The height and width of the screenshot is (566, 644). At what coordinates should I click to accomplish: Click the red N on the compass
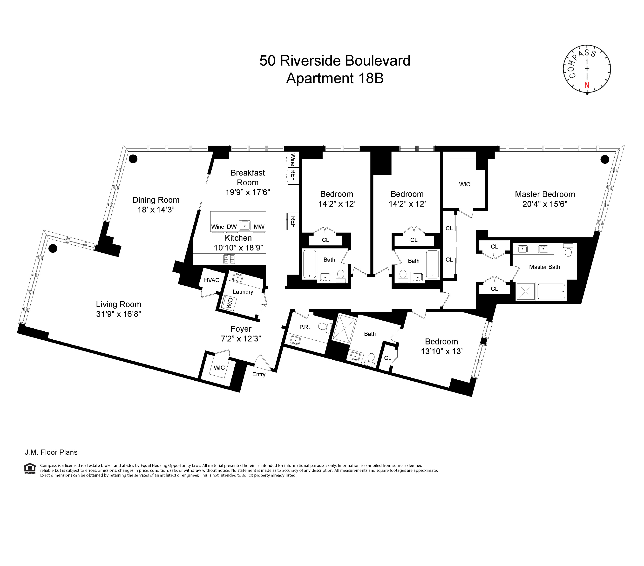[587, 85]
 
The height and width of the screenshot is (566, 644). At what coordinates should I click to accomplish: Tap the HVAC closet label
[211, 280]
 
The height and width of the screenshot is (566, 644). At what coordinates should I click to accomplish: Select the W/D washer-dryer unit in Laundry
[229, 303]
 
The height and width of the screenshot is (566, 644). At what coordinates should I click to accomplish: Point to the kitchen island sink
[244, 226]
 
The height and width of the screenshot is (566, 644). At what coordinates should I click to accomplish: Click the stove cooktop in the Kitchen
[229, 259]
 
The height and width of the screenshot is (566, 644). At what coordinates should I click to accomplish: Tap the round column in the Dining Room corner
[133, 159]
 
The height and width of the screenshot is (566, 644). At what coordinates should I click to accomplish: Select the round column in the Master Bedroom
[605, 159]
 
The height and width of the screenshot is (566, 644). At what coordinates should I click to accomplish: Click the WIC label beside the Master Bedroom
[464, 184]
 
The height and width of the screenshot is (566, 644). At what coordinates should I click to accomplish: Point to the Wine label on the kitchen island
[217, 227]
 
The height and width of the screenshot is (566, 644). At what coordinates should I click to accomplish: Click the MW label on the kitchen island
[259, 227]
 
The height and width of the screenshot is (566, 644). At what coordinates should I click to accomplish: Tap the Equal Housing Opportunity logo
[30, 468]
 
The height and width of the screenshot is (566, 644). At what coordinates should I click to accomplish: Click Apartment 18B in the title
[335, 78]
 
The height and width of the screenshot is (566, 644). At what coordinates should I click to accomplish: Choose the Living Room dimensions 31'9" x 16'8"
[118, 314]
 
